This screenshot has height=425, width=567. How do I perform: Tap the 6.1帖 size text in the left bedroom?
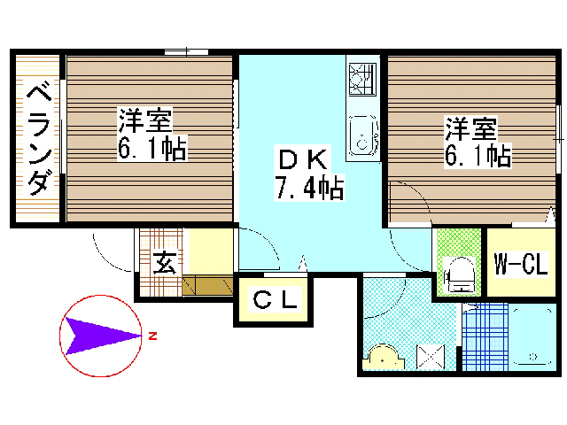[x=151, y=149]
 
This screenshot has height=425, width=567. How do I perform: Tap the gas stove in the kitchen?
[x=363, y=80]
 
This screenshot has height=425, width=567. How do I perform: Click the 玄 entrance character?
[x=164, y=263]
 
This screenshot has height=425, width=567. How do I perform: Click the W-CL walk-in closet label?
[x=520, y=264]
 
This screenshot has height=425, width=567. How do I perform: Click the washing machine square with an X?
[x=431, y=357]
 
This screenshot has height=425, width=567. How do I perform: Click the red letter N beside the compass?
[x=153, y=336]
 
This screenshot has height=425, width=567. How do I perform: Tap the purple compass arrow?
[x=102, y=336]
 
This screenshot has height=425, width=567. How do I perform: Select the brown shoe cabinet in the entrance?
[x=208, y=286]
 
